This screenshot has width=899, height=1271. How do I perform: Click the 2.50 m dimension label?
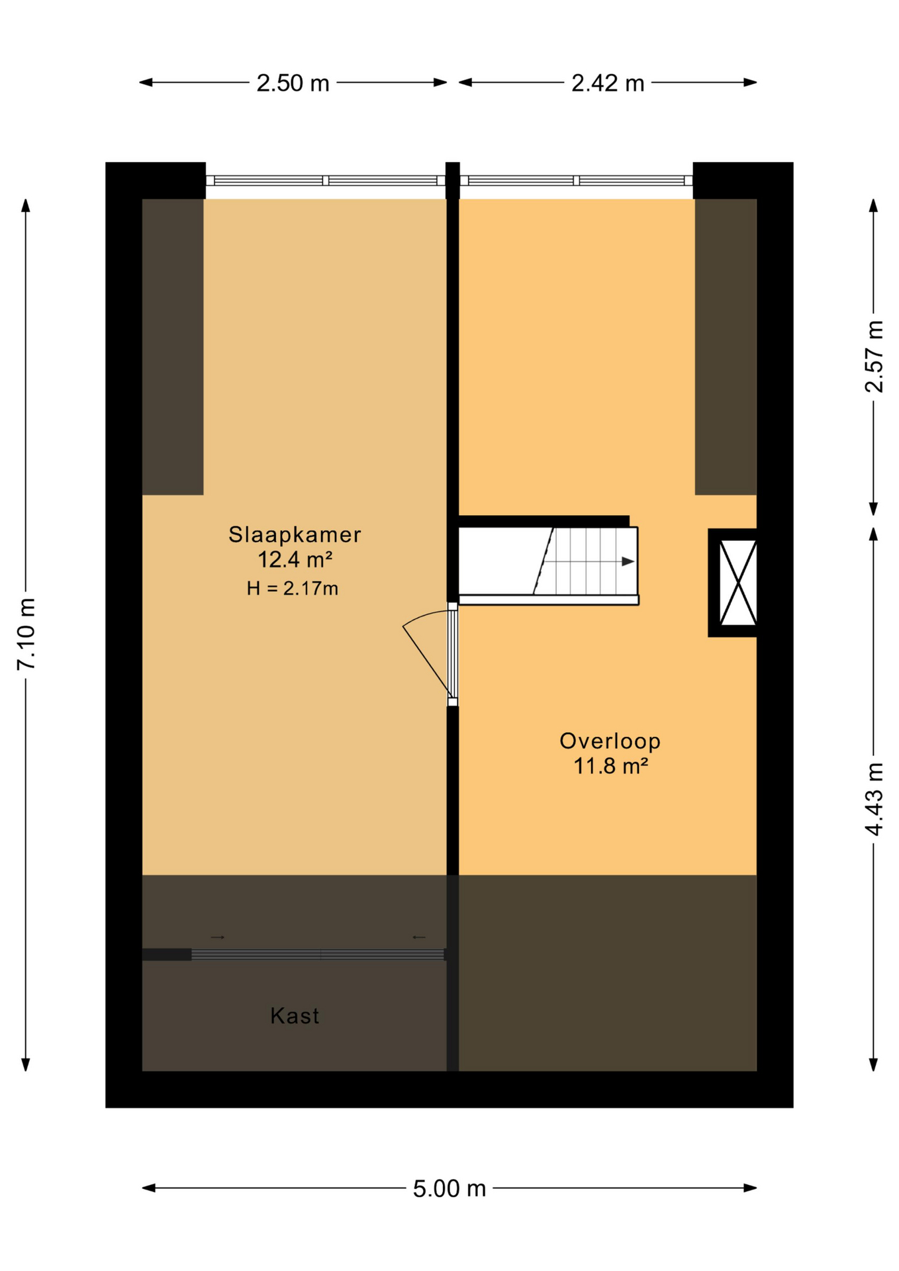(x=293, y=83)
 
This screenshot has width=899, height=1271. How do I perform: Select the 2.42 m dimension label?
(x=607, y=83)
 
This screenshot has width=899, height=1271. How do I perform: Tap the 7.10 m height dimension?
(x=26, y=634)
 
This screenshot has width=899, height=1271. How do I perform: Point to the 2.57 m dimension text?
(x=874, y=356)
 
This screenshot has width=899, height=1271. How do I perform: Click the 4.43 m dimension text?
(x=874, y=799)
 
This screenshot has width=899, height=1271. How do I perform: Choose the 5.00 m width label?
(x=449, y=1189)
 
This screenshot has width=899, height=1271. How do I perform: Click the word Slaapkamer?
(x=295, y=534)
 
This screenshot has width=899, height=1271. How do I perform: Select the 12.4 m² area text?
(x=295, y=560)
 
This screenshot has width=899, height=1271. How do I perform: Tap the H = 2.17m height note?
(x=293, y=588)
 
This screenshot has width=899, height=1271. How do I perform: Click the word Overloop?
(x=610, y=741)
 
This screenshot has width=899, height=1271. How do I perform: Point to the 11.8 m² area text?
(x=610, y=767)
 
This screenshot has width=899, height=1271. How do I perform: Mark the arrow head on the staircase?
(x=628, y=562)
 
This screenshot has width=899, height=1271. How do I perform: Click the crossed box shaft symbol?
(x=737, y=583)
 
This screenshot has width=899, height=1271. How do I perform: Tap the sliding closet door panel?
(x=318, y=955)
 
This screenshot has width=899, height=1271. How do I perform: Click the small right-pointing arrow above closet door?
(x=218, y=937)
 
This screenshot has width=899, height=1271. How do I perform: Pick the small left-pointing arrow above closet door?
(x=419, y=937)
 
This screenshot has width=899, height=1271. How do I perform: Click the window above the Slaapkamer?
(x=325, y=181)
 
